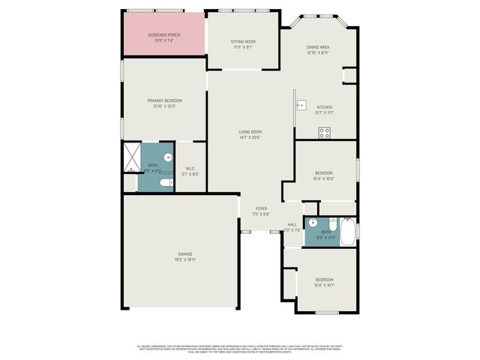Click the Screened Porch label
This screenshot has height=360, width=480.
point(163,35)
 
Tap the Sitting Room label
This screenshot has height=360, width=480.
point(242,41)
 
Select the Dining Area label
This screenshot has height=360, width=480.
point(318,47)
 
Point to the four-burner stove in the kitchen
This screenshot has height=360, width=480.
point(325,133)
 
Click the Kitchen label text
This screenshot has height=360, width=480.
point(324,107)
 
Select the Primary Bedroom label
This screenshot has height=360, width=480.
point(164,100)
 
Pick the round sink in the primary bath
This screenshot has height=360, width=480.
point(168,157)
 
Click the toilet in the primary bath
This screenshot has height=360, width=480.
point(166,181)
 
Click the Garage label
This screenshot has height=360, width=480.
point(185,254)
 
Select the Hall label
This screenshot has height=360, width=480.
point(292,224)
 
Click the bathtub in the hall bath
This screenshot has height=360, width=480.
point(348,231)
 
